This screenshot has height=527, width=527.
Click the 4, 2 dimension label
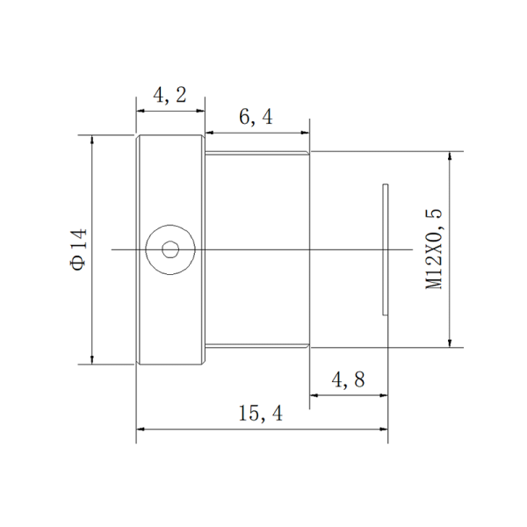click(170, 95)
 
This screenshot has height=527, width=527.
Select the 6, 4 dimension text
click(256, 118)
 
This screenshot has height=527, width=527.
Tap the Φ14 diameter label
click(79, 249)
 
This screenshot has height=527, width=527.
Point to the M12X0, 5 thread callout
click(434, 249)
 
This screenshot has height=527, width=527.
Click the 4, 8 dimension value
click(348, 379)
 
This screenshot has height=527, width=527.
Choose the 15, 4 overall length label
click(261, 413)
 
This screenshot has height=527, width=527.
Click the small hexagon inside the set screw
click(170, 249)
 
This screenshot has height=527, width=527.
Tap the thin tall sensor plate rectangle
click(386, 249)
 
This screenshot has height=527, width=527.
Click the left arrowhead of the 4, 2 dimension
click(141, 111)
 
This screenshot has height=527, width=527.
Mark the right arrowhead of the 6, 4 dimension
click(305, 133)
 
